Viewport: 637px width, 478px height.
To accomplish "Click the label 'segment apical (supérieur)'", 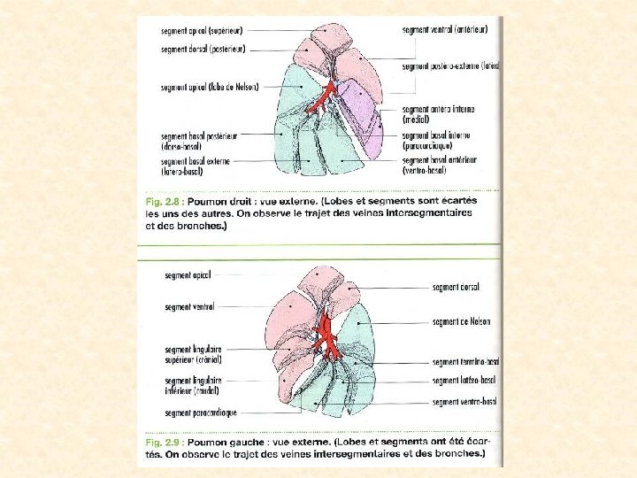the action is point(202,31).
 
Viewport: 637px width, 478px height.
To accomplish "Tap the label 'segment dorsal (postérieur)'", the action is point(203,50).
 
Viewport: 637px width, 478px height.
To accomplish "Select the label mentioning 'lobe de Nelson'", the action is point(202,88).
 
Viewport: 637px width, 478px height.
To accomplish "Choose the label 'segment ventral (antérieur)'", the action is point(444,29).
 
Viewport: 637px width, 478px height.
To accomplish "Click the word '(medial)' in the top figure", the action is point(418,119).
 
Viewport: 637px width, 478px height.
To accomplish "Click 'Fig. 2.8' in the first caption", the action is point(162,202).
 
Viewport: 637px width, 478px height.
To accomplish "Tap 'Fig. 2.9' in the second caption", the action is point(163,442).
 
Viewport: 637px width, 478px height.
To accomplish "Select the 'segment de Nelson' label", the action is point(461,321).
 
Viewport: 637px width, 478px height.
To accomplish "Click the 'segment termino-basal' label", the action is point(465,361).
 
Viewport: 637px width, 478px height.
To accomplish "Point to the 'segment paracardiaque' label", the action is point(200,412).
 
